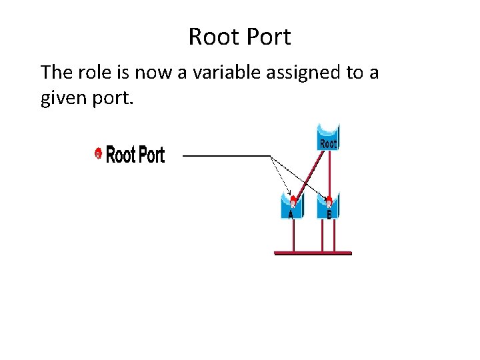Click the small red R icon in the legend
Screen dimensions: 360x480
coord(98,155)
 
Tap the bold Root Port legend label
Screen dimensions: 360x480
coord(135,155)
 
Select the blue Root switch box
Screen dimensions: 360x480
coord(327,138)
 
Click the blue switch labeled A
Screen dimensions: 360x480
coord(291,207)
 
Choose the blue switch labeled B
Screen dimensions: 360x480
coord(329,207)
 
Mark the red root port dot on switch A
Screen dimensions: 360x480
coord(292,199)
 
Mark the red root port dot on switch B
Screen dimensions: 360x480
coord(329,199)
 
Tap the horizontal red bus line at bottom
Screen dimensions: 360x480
coord(313,253)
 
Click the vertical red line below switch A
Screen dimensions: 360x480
coord(292,235)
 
